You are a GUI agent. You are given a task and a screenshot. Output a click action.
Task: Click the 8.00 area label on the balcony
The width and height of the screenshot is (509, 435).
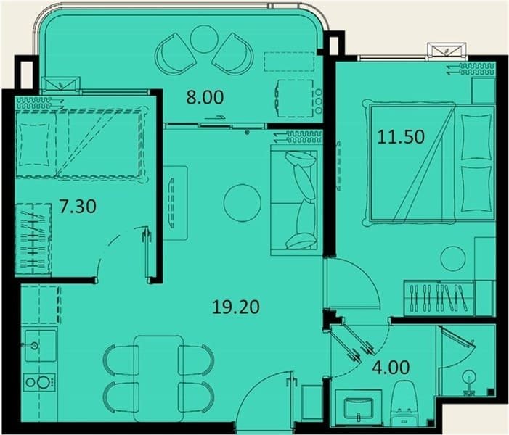(205, 97)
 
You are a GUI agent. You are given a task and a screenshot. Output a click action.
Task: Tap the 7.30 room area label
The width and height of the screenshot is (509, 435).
(78, 207)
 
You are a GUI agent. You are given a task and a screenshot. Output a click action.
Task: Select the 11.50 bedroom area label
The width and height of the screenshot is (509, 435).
(401, 137)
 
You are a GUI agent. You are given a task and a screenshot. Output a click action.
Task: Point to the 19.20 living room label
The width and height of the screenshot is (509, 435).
(236, 307)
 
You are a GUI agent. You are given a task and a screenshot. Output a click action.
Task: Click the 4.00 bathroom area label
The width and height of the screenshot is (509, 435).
(391, 368)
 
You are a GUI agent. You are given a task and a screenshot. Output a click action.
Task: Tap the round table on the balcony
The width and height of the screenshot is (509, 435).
(203, 39)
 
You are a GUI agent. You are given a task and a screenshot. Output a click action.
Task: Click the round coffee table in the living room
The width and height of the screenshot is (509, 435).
(243, 203)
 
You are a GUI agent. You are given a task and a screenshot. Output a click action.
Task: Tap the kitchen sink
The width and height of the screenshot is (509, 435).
(40, 346)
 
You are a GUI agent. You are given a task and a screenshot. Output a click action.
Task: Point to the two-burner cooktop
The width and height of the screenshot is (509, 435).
(40, 382)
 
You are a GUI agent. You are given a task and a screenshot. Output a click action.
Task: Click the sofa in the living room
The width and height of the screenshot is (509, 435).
(296, 200)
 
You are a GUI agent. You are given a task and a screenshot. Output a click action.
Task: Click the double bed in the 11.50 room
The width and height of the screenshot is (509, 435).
(429, 162)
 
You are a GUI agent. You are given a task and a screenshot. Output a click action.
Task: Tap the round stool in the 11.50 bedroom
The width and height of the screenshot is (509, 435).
(453, 258)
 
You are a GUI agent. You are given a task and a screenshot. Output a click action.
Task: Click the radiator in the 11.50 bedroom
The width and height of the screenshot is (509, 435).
(477, 69)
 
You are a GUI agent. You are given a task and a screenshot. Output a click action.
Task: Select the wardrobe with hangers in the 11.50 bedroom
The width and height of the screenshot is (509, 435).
(439, 298)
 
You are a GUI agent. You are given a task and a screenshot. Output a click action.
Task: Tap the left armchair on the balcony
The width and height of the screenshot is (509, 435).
(172, 54)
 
